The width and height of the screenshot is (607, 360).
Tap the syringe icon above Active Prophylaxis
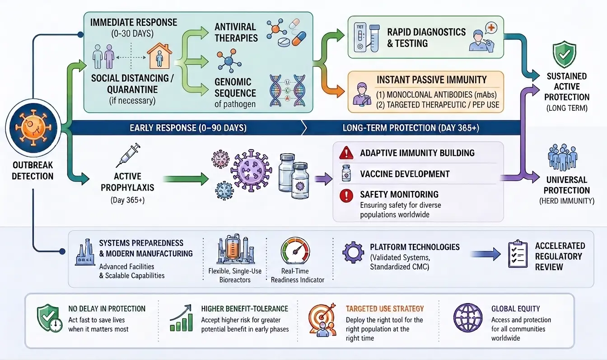coord(128,155)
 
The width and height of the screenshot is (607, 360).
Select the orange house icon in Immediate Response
coord(159,56)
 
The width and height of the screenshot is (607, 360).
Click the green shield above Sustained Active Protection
coord(565,54)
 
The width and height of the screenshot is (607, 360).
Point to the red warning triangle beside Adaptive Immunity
coord(346,153)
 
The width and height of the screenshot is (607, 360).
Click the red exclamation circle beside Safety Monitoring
coord(346,196)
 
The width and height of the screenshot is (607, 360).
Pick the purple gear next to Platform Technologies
coord(353,252)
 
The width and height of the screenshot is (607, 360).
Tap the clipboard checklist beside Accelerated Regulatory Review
coord(518,254)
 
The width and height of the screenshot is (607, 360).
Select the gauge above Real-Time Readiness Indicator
coord(295,251)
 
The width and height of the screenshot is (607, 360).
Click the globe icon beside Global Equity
coord(468,318)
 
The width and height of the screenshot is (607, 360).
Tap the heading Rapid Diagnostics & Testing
coord(426,37)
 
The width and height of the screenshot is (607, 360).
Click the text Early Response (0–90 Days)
coord(188,128)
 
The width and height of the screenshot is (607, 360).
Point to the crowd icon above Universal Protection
coord(563,157)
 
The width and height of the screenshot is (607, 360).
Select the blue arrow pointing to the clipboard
coord(486,254)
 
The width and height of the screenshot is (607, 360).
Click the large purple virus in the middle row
coord(251,170)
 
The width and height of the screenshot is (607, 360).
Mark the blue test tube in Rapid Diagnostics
coord(374,38)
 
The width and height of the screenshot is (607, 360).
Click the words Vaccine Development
coord(405,174)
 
